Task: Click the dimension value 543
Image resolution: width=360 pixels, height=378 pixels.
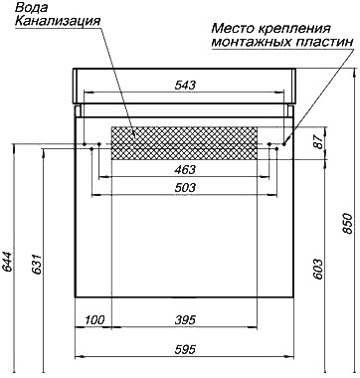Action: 185,86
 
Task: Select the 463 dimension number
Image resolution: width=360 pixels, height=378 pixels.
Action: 185,170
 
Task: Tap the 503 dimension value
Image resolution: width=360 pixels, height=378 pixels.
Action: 185,188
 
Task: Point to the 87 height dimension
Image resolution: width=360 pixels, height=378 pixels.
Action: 318,142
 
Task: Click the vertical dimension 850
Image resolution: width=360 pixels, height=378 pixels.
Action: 347,223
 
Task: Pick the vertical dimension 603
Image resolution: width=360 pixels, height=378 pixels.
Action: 318,269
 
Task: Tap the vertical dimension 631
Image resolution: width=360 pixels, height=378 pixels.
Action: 36,265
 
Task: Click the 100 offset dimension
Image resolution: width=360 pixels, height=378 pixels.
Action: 94,320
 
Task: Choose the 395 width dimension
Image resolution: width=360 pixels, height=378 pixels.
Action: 185,320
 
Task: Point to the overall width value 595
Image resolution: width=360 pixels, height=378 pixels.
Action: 185,349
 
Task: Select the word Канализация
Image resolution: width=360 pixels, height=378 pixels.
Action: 58,21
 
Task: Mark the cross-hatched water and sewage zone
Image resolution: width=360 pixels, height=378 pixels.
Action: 184,143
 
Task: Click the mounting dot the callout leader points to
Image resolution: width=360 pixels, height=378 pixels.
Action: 284,144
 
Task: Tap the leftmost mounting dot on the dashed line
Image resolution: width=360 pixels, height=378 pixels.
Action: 85,144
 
